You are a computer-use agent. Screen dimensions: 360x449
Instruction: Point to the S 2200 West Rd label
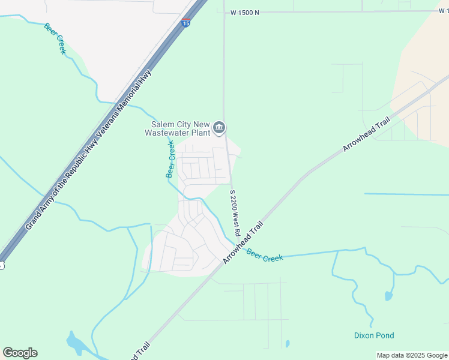(x=235, y=213)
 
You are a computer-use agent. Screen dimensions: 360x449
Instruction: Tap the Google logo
(x=20, y=353)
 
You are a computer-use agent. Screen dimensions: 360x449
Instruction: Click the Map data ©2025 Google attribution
(x=412, y=355)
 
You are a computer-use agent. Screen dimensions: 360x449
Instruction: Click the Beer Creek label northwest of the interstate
(x=55, y=38)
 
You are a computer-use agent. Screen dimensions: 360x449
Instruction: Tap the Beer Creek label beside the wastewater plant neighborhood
(x=170, y=159)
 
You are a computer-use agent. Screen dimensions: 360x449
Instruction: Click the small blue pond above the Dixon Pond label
(x=388, y=296)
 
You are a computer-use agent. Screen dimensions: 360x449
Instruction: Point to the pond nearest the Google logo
(x=77, y=344)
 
